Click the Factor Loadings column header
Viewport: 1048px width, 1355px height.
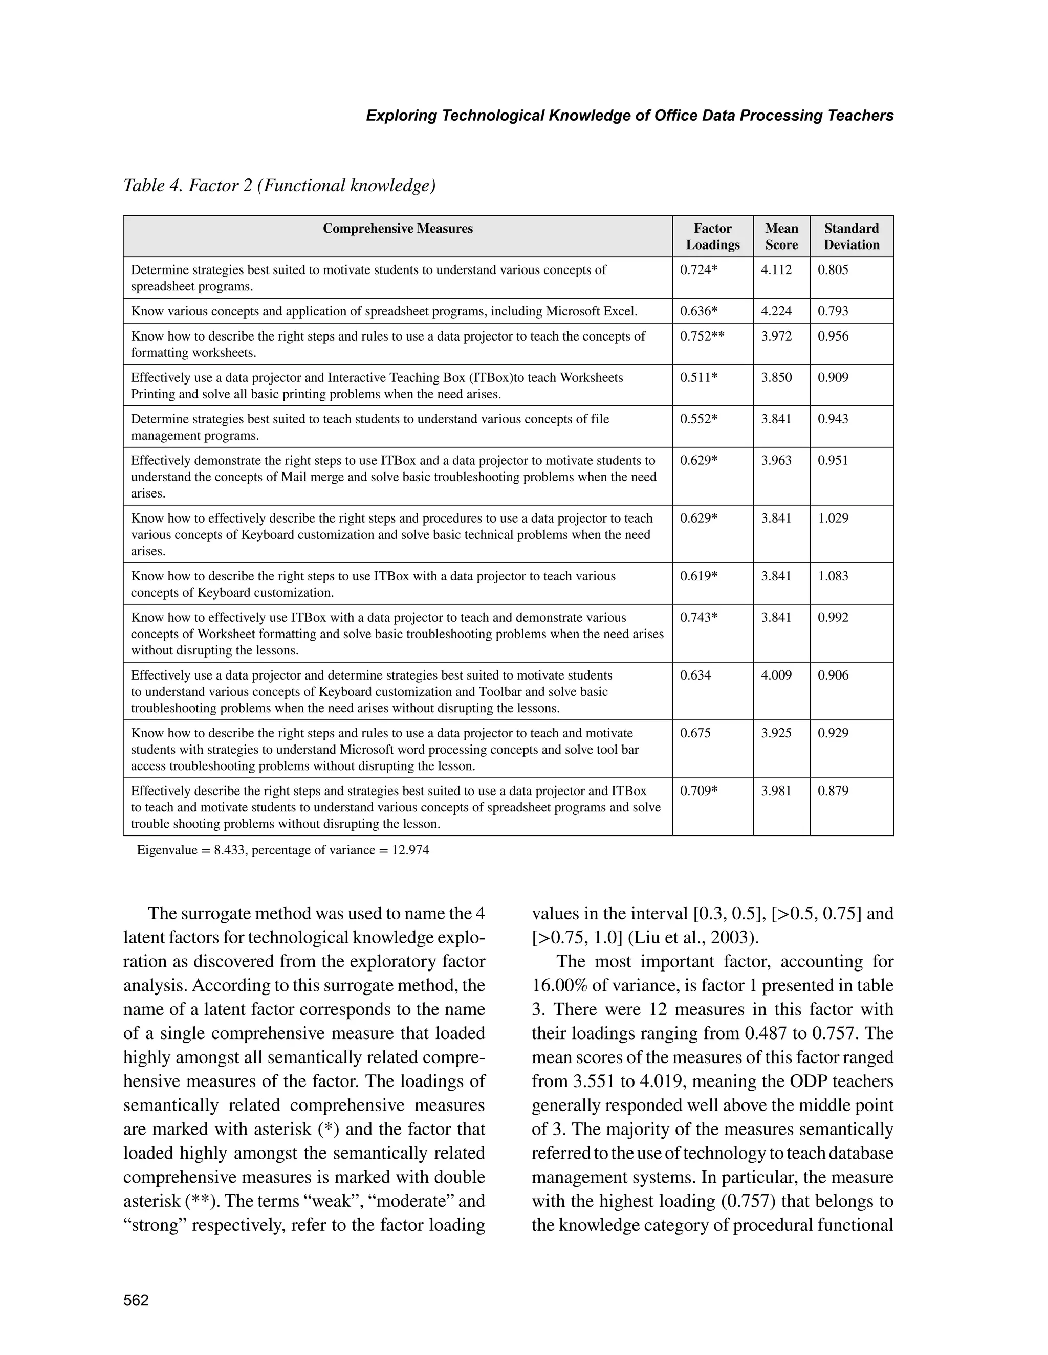point(712,236)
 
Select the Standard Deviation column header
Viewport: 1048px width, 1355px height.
point(851,236)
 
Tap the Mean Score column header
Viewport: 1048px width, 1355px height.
point(781,236)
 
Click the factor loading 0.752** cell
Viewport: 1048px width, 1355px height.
point(702,336)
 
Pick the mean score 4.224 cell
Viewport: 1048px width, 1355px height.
point(776,311)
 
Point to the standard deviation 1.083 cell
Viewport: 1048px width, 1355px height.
point(833,576)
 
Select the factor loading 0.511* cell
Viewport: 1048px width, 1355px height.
point(698,377)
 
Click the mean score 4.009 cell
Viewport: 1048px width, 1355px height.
point(776,675)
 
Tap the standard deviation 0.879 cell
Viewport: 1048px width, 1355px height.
point(833,791)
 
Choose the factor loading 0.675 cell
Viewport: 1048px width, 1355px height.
point(695,733)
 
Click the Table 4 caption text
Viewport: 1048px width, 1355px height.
point(279,186)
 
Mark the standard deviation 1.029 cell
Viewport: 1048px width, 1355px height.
point(833,518)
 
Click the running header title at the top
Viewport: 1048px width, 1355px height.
point(629,116)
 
